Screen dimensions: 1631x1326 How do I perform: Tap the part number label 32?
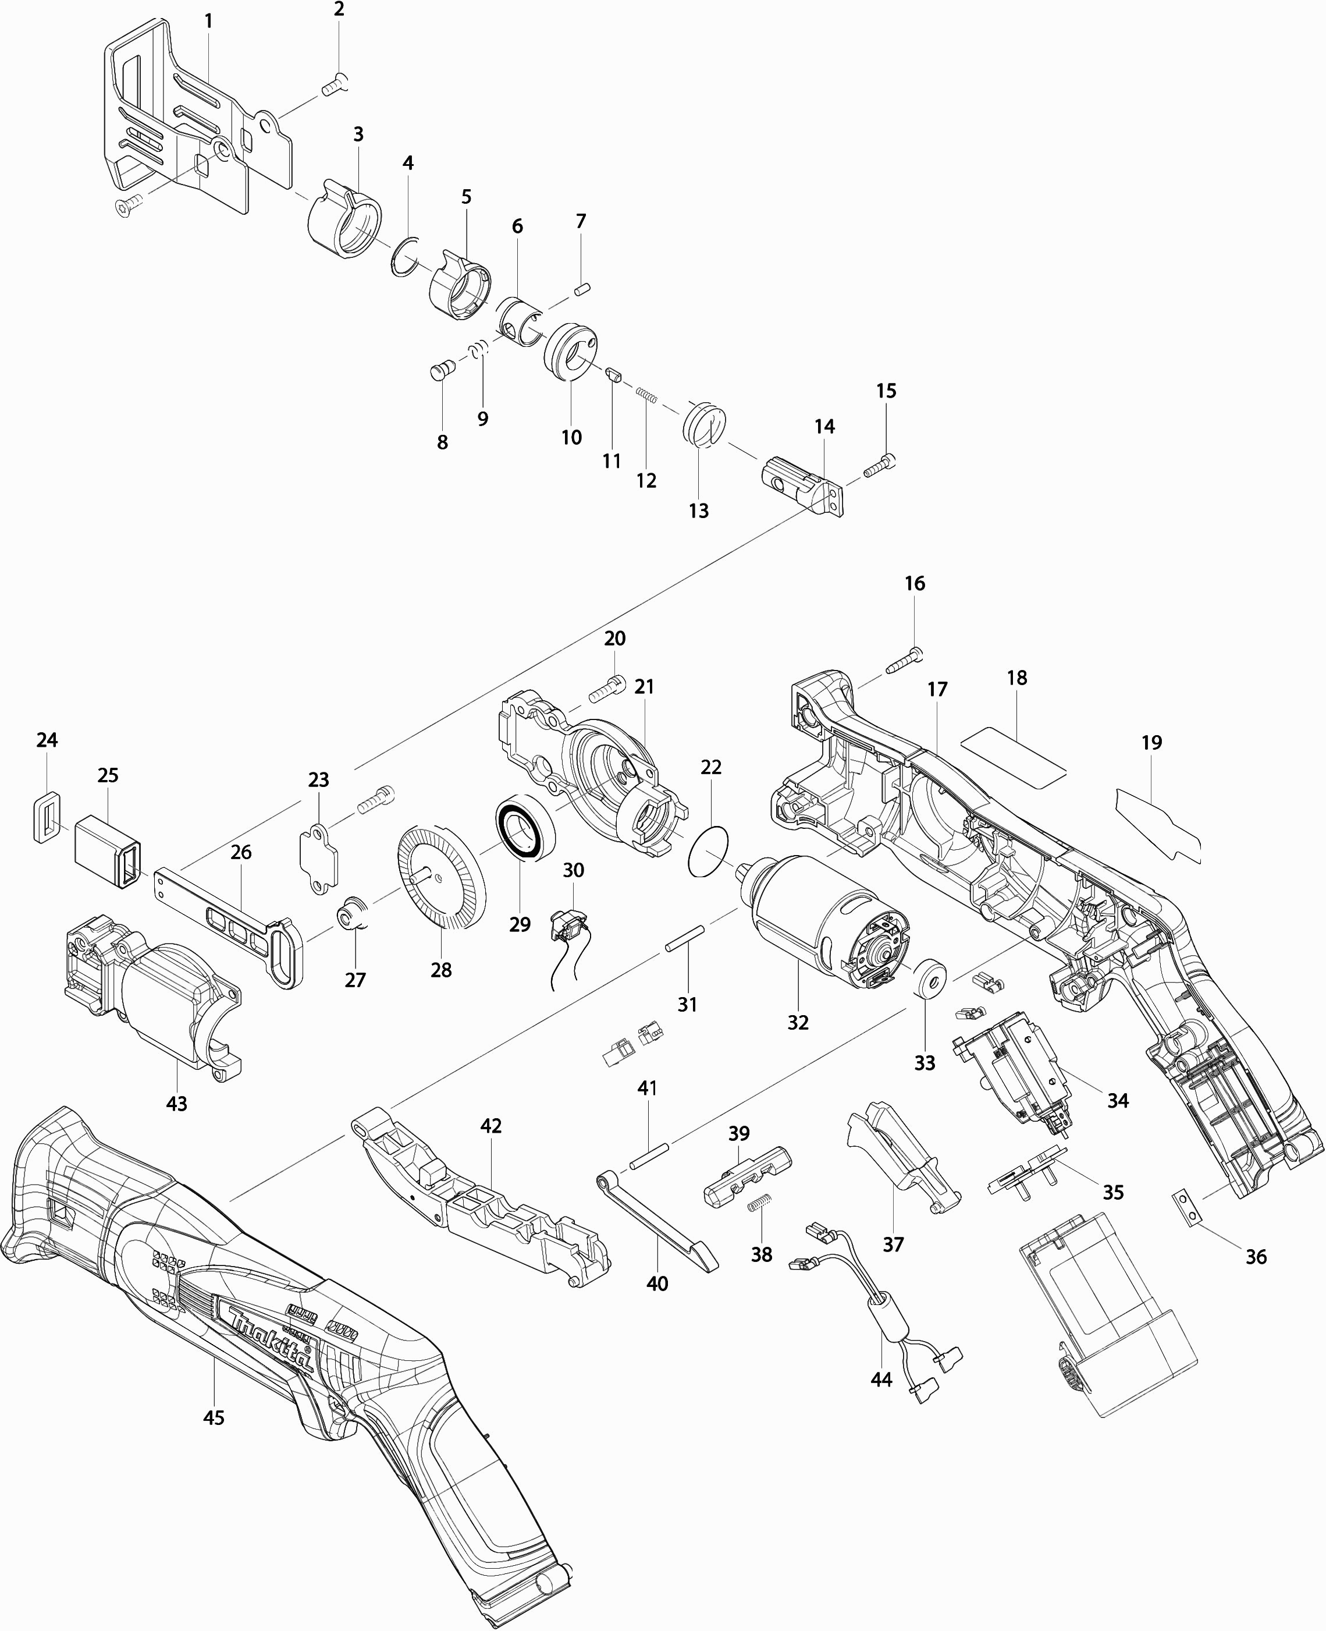click(798, 1022)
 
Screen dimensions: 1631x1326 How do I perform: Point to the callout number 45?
click(214, 1417)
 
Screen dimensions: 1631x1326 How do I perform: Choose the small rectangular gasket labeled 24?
click(47, 817)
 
